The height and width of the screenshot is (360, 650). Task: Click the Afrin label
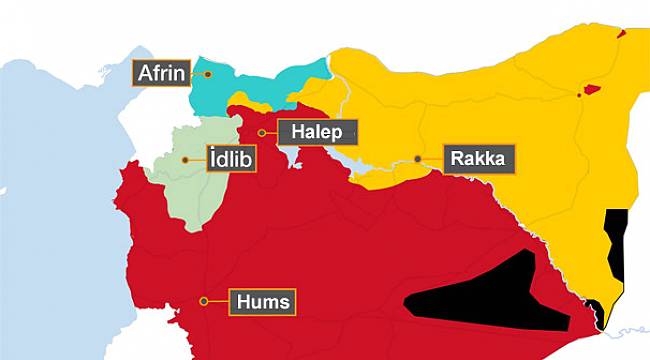click(x=161, y=73)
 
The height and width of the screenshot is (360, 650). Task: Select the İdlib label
click(x=231, y=159)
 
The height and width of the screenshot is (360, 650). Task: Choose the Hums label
click(x=264, y=300)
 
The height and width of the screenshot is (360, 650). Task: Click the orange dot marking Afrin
click(x=207, y=73)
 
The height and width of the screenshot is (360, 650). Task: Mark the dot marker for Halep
click(x=262, y=132)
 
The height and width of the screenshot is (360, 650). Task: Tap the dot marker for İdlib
click(x=186, y=159)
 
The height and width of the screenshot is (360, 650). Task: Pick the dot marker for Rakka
click(x=418, y=158)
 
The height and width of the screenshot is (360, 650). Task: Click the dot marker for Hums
click(x=204, y=300)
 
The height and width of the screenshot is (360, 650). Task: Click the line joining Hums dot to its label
click(x=218, y=300)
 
